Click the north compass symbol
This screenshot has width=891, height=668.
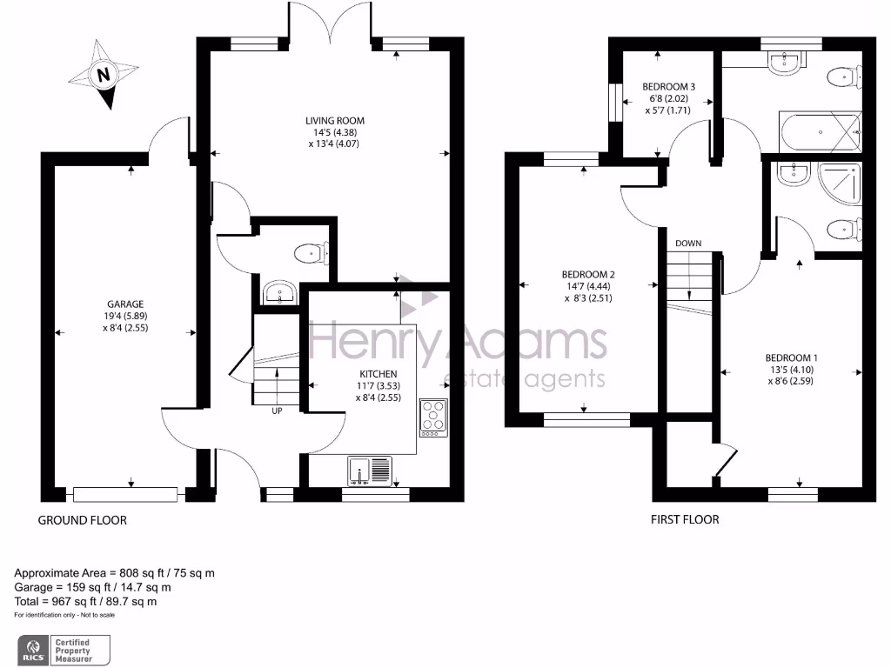click(105, 75)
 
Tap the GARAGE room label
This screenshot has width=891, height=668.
click(120, 304)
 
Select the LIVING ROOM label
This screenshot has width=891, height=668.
click(334, 121)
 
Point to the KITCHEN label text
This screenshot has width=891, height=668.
click(379, 373)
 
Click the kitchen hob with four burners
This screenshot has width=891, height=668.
click(432, 417)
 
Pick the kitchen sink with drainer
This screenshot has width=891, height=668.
click(372, 470)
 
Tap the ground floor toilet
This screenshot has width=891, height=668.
click(310, 253)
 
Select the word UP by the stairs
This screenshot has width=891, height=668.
click(277, 411)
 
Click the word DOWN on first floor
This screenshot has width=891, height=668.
click(687, 244)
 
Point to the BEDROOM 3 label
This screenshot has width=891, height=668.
click(668, 87)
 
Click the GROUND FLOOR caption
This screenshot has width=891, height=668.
click(83, 520)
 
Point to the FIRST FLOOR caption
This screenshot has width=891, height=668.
click(685, 520)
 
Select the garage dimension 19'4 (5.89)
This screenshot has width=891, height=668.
click(120, 317)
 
